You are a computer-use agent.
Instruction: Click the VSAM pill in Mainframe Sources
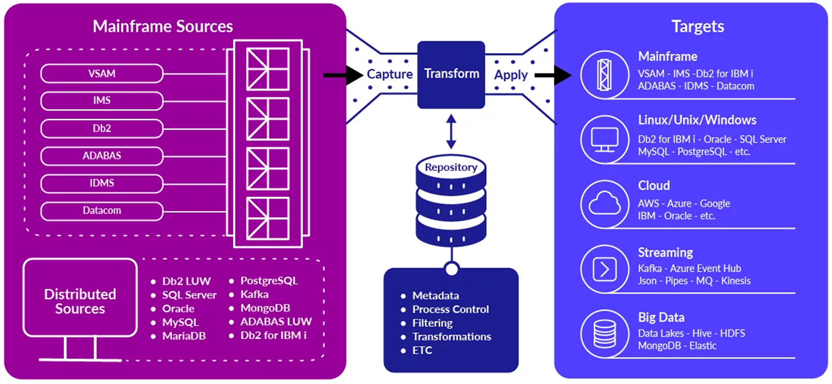[102, 74]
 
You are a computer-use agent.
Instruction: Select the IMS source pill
[102, 101]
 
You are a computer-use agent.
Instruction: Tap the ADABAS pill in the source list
[102, 156]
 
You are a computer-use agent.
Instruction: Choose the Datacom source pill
[102, 210]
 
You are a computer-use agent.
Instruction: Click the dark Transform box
[451, 74]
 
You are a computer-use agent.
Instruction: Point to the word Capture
[389, 74]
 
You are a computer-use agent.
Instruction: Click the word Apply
[510, 75]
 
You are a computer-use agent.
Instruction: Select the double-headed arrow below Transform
[451, 133]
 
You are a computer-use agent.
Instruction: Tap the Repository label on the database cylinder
[450, 168]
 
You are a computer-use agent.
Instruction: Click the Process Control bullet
[450, 309]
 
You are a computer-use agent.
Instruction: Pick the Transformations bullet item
[452, 336]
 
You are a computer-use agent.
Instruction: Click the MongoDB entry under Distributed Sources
[264, 308]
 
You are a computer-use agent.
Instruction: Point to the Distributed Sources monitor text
[80, 301]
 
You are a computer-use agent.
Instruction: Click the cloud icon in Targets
[604, 203]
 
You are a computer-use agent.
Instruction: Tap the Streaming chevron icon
[604, 270]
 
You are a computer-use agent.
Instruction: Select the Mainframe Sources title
[163, 26]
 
